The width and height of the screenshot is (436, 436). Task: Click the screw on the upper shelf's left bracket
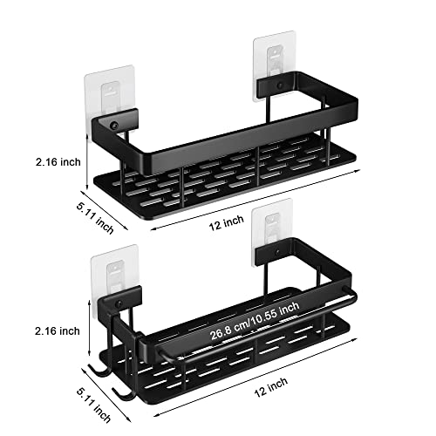(x=113, y=127)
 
